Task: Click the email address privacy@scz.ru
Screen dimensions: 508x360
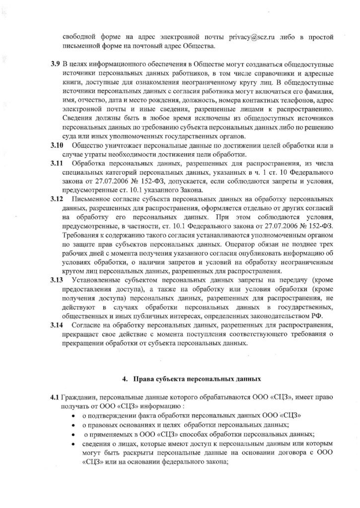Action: pyautogui.click(x=252, y=38)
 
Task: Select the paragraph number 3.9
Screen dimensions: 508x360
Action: pyautogui.click(x=55, y=65)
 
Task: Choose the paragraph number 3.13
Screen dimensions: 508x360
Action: pyautogui.click(x=57, y=280)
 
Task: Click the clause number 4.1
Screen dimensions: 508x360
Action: pyautogui.click(x=55, y=397)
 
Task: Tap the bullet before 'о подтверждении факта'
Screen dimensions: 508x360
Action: pyautogui.click(x=74, y=416)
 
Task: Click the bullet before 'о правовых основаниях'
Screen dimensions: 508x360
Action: pyautogui.click(x=74, y=425)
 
